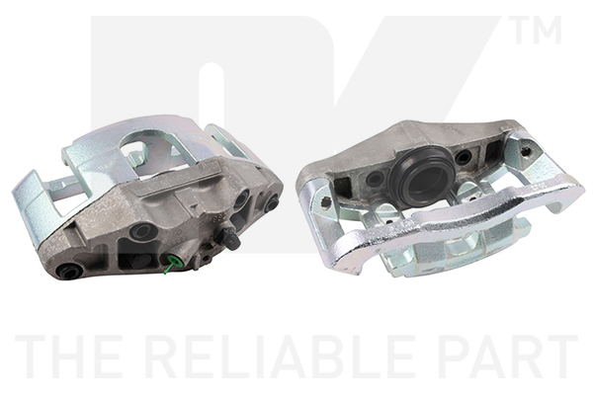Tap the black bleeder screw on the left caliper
click(x=228, y=239)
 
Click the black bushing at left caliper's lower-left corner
click(x=69, y=271)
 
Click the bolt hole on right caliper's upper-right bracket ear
click(x=525, y=151)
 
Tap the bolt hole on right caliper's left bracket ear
click(x=324, y=201)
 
